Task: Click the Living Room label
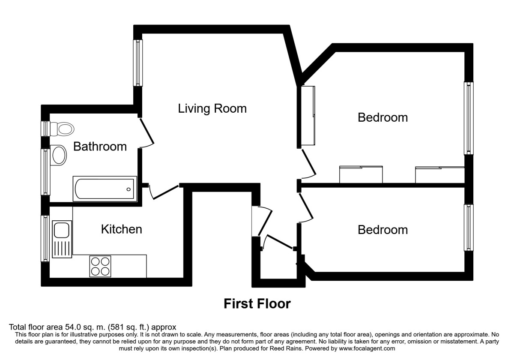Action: click(212, 108)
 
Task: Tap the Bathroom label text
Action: click(100, 147)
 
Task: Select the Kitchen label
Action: click(121, 229)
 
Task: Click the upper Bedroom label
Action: click(383, 117)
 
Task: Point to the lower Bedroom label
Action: click(383, 230)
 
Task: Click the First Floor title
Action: click(257, 304)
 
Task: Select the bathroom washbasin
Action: click(59, 155)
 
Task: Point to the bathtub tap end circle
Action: click(128, 189)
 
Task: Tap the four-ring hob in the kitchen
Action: click(100, 266)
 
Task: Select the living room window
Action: click(138, 63)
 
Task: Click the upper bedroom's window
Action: click(469, 118)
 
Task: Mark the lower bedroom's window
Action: click(469, 228)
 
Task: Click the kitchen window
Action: click(45, 238)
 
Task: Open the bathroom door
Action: click(146, 132)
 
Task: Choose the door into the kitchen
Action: click(164, 192)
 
